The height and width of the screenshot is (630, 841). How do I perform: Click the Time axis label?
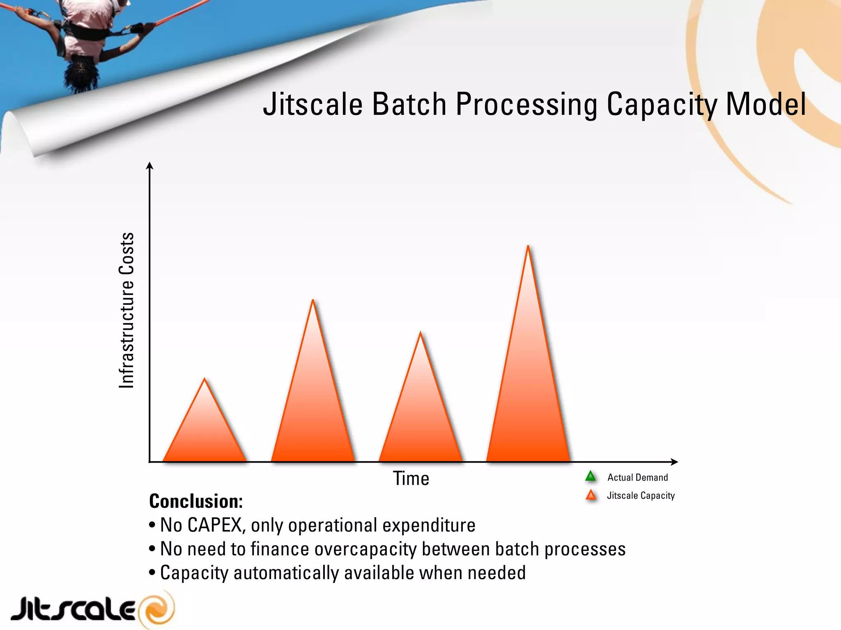[411, 479]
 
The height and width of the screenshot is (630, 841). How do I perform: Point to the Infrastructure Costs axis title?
[126, 310]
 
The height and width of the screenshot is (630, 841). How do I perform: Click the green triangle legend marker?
[591, 477]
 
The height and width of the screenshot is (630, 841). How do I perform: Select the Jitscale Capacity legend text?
[641, 495]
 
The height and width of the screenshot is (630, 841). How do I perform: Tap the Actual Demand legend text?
[637, 477]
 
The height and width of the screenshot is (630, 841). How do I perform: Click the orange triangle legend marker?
[591, 495]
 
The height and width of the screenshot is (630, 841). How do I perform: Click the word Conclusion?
[196, 501]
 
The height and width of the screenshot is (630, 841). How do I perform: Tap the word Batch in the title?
[409, 104]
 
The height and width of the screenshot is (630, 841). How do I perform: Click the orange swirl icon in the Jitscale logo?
[157, 609]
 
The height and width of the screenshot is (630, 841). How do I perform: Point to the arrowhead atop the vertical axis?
[150, 165]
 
